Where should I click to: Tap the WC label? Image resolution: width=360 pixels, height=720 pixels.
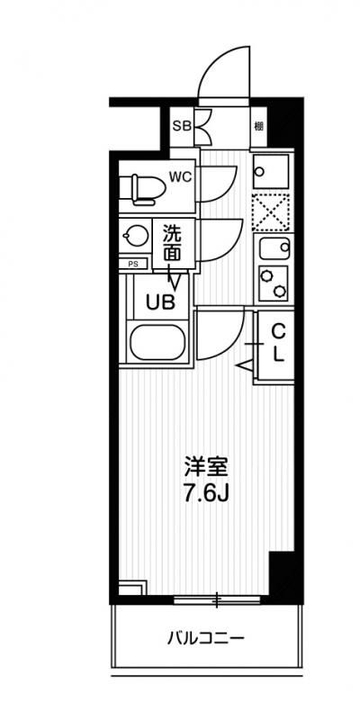[x=181, y=177]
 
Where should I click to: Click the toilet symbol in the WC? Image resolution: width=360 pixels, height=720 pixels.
[x=144, y=186]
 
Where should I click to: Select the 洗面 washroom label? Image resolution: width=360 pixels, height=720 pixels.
[x=173, y=243]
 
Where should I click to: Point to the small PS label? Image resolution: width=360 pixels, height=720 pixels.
[x=133, y=265]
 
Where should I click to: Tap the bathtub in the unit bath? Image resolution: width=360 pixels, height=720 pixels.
[x=157, y=344]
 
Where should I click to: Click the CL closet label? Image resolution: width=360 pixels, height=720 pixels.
[x=278, y=341]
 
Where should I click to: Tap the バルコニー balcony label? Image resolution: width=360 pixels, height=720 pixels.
[x=206, y=640]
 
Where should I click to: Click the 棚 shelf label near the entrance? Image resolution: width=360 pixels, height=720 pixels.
[x=258, y=126]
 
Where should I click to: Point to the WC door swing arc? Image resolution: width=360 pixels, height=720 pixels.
[x=219, y=184]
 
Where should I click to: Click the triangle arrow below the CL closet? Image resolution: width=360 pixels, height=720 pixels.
[x=245, y=364]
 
